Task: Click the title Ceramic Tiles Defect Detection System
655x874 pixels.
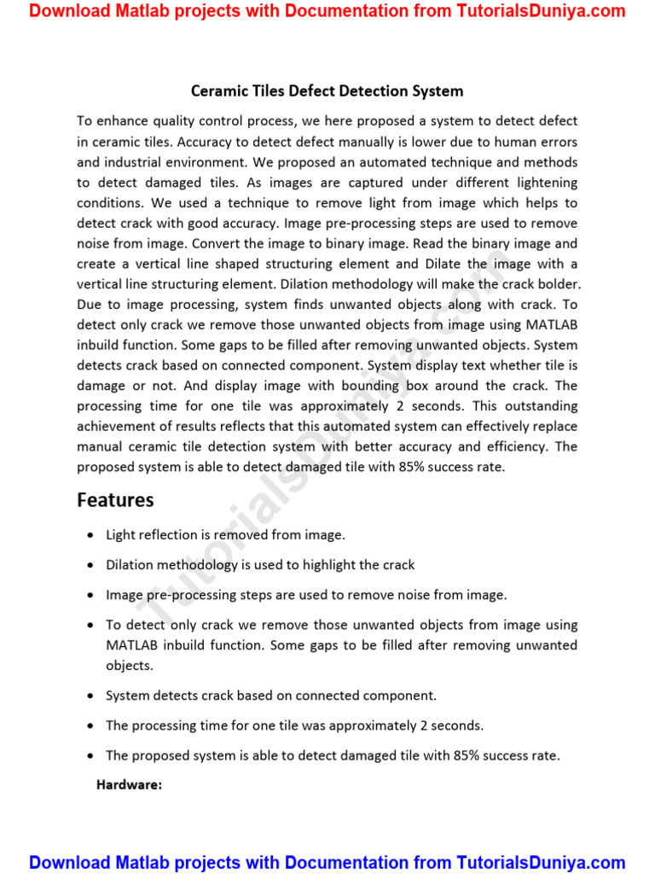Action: coord(327,90)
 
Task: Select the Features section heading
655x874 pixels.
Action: coord(115,500)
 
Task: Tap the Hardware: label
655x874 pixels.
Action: coord(129,784)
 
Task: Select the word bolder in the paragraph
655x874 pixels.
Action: coord(559,284)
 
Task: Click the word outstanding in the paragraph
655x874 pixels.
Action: coord(541,406)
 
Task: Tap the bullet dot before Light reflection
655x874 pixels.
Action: coord(90,535)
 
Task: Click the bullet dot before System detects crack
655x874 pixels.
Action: coord(90,696)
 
